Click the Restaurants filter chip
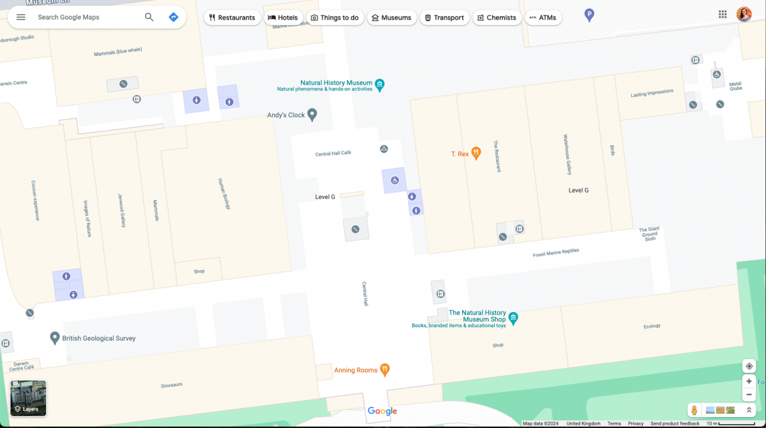[x=232, y=18]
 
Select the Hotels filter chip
[x=282, y=18]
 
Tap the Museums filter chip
[x=391, y=18]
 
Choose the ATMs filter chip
[x=543, y=18]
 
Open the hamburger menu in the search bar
[x=21, y=17]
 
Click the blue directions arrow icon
[x=173, y=17]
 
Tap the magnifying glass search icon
[x=149, y=17]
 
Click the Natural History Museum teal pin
[x=380, y=85]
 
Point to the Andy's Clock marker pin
[x=312, y=115]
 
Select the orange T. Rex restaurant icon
[x=476, y=153]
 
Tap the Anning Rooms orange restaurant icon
[x=384, y=369]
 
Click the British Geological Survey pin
[x=55, y=337]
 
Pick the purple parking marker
[x=589, y=15]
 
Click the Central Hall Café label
[x=333, y=154]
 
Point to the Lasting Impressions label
[x=652, y=93]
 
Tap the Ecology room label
[x=652, y=326]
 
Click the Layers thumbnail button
[x=28, y=398]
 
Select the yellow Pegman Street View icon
[x=693, y=410]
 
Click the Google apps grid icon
[x=723, y=15]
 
